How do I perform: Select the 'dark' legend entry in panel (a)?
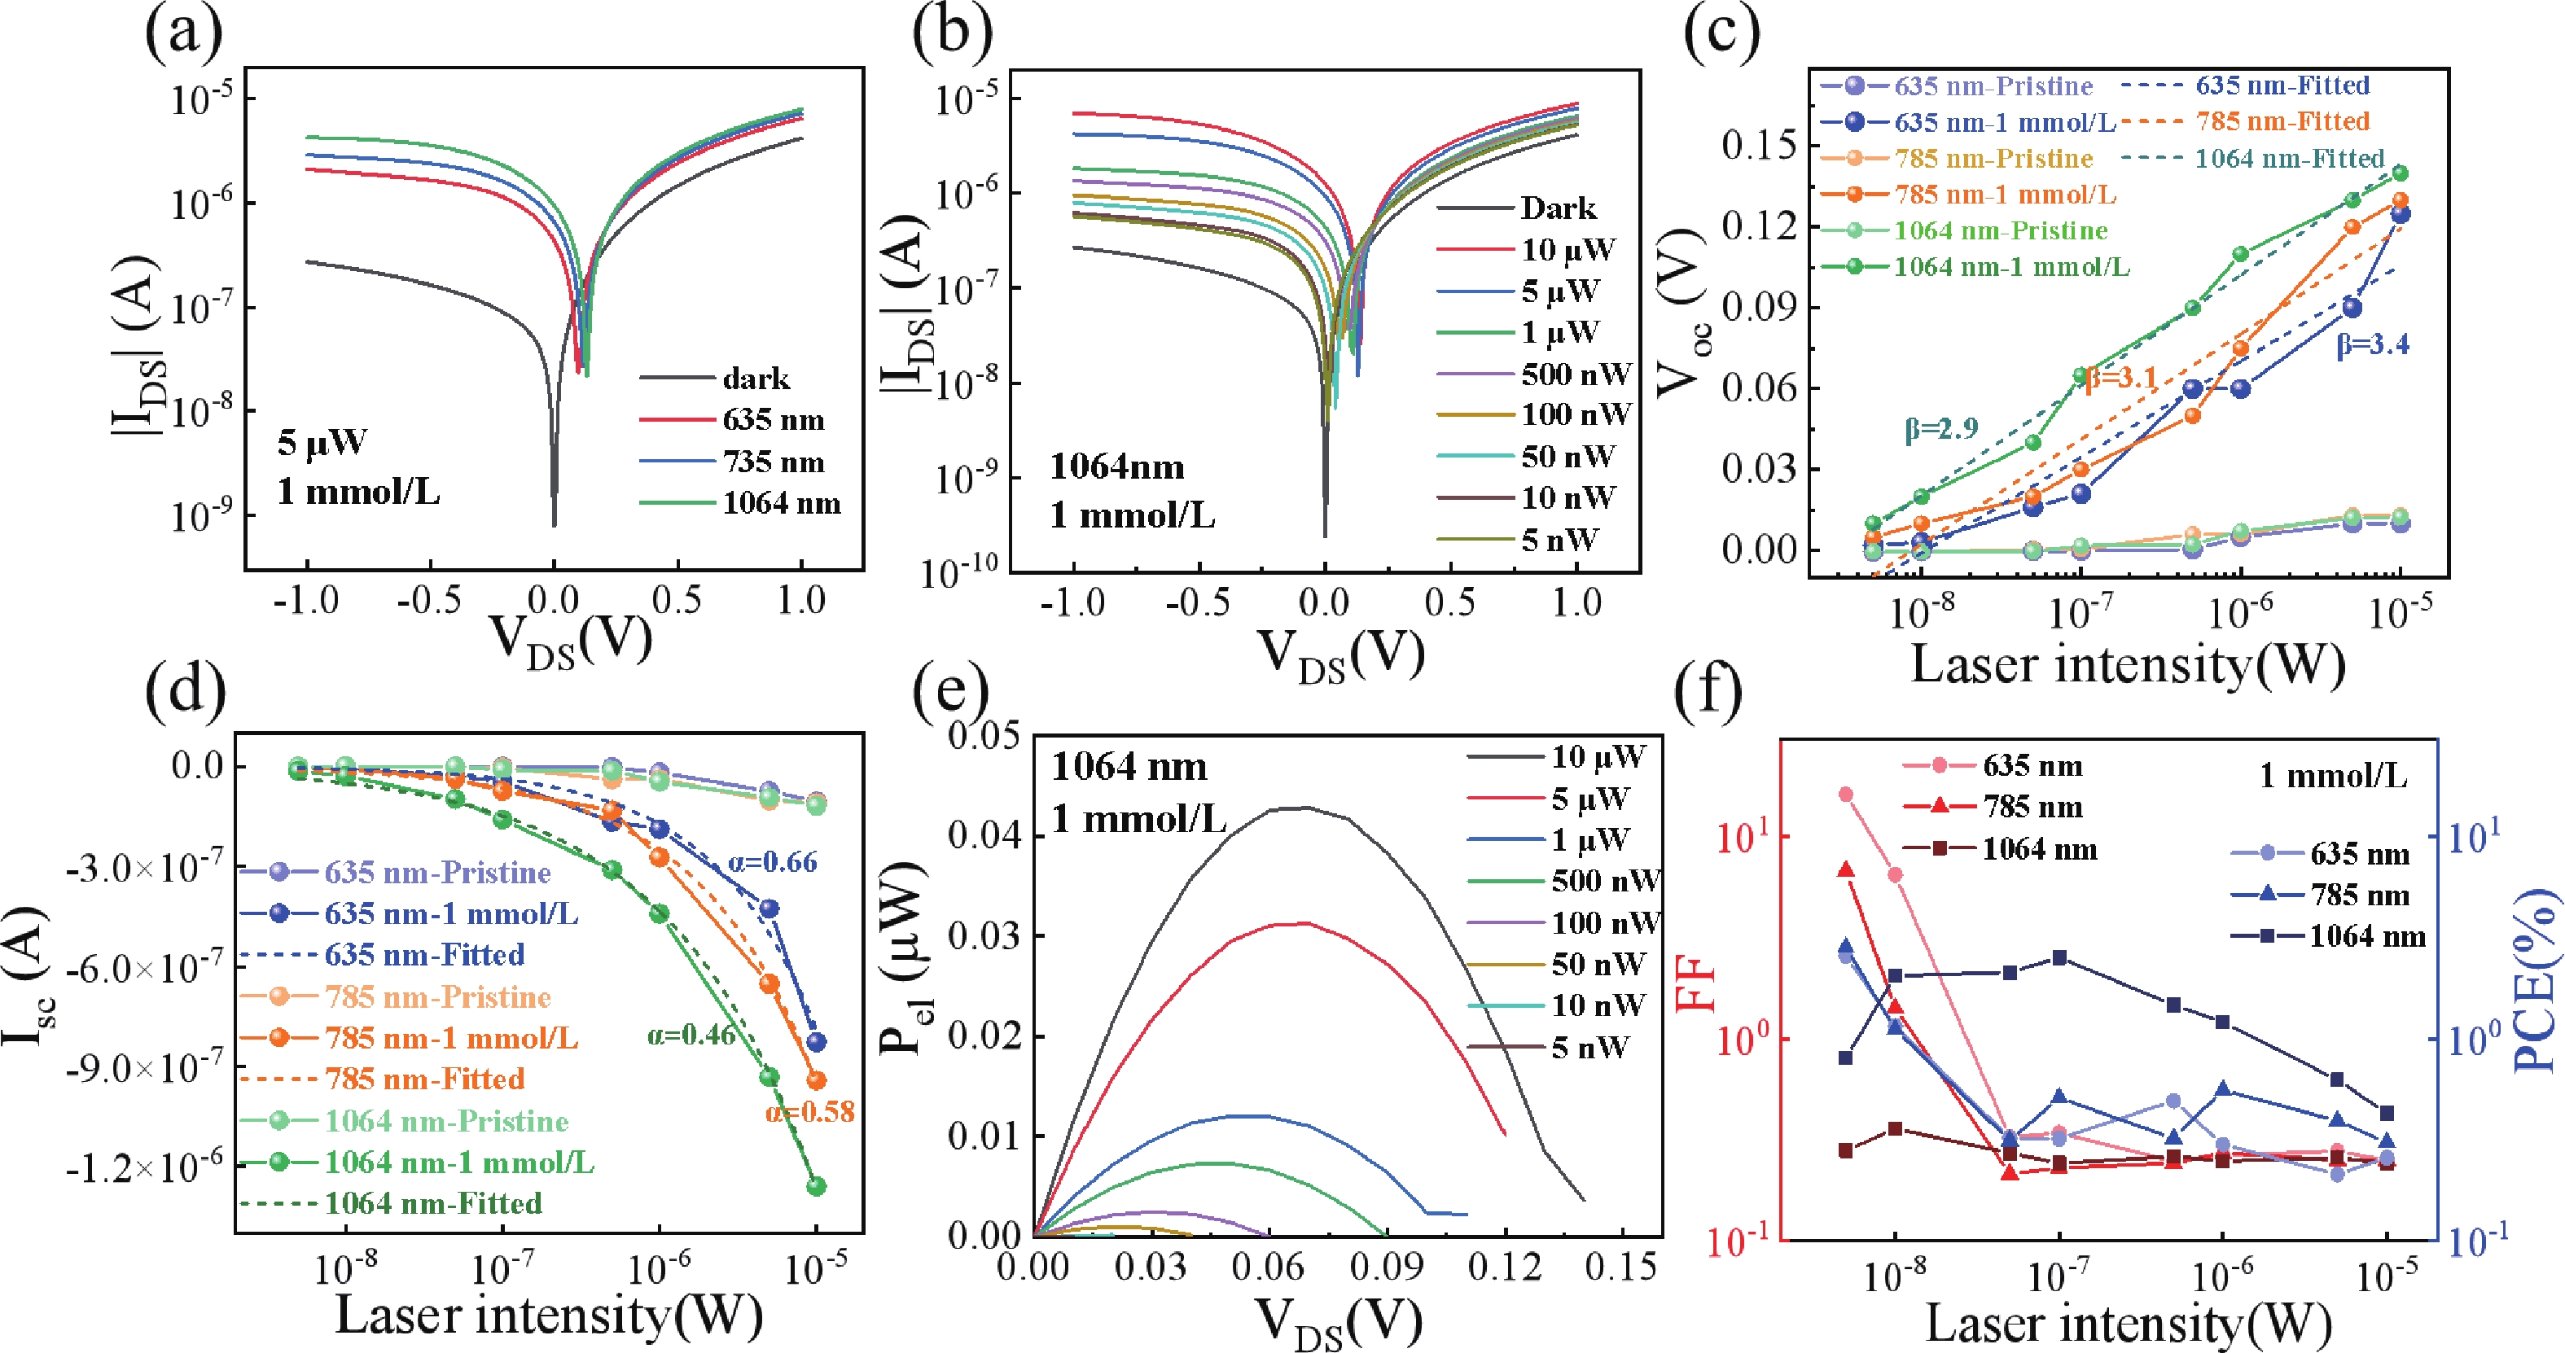point(756,379)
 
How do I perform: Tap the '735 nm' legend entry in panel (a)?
point(774,462)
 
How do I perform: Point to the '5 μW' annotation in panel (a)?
point(322,442)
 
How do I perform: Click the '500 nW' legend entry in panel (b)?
point(1576,374)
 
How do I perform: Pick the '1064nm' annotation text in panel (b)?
point(1117,467)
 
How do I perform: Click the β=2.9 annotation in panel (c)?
point(1940,429)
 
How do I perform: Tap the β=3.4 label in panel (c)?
point(2373,344)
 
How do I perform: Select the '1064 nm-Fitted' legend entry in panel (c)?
point(2289,158)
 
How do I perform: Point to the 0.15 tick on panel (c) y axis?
point(1759,146)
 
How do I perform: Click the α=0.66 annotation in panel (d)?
point(773,862)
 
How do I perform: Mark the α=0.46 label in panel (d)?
point(691,1036)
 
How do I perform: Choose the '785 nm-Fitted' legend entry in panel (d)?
point(424,1079)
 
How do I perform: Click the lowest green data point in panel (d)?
point(817,1186)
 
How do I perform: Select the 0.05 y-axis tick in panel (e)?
point(984,736)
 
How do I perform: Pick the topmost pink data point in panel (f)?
point(1845,795)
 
